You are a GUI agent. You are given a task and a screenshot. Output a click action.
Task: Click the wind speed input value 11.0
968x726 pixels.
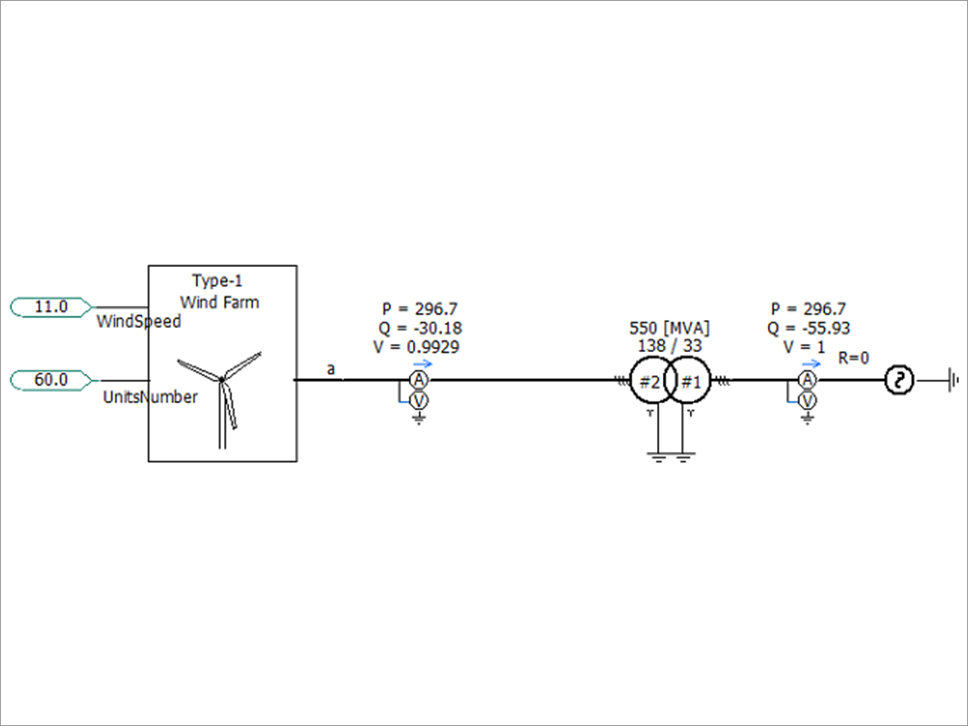[51, 307]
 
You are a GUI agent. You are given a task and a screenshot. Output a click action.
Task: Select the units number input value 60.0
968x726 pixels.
[51, 380]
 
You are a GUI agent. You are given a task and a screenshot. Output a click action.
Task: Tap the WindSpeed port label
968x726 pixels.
[138, 321]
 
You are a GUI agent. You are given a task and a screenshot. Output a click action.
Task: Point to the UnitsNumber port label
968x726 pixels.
[150, 397]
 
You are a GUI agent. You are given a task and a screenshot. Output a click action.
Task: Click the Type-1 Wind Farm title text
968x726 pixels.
[218, 291]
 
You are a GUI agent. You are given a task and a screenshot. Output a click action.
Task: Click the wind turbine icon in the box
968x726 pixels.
[221, 397]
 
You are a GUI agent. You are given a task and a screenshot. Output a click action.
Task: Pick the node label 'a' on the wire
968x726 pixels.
[331, 369]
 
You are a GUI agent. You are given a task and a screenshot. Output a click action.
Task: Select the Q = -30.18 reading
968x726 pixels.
[420, 328]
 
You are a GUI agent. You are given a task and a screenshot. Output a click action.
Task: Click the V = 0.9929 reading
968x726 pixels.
[417, 347]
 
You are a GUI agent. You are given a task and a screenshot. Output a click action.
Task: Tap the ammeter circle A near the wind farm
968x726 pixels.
[419, 380]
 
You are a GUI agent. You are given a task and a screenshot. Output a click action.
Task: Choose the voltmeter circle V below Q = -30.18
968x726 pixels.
[419, 401]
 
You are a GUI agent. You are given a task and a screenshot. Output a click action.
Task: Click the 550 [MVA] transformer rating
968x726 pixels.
[670, 328]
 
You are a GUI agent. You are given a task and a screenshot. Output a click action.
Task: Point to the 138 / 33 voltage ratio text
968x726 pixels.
[670, 346]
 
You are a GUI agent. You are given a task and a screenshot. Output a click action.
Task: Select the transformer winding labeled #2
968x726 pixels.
[649, 382]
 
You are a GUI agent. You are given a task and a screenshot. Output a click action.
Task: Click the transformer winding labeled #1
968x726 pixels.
[690, 382]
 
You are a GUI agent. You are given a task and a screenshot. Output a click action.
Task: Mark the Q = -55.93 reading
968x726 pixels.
[809, 328]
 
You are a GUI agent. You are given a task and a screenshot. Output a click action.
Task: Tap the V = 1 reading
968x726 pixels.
[804, 347]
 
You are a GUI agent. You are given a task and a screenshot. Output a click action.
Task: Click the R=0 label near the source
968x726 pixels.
[853, 358]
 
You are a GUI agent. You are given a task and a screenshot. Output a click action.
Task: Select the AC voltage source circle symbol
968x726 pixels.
[899, 380]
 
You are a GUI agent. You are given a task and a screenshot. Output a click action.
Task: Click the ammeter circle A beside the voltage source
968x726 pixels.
[807, 380]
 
